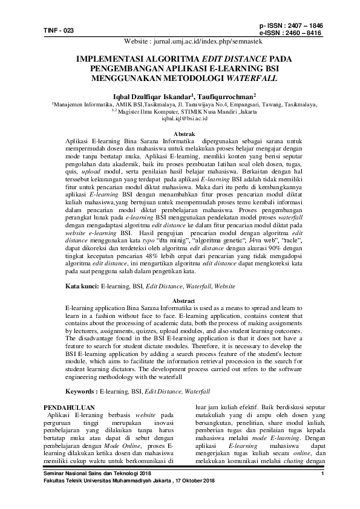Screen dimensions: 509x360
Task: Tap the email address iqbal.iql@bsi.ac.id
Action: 180,120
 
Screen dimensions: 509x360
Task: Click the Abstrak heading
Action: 180,133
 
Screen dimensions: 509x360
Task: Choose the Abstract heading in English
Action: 180,300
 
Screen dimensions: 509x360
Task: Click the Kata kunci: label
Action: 82,285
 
